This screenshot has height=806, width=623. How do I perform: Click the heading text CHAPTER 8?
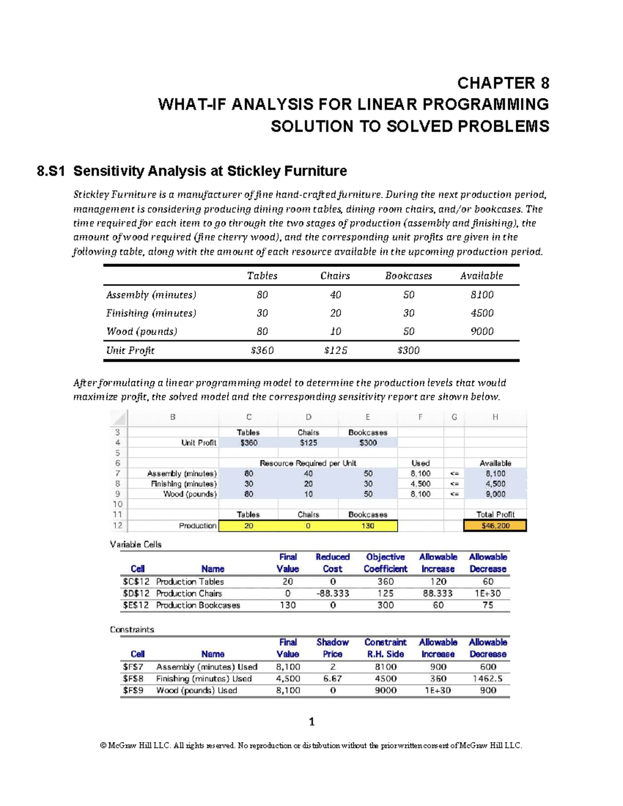click(503, 83)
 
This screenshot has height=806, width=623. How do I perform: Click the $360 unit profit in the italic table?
click(262, 350)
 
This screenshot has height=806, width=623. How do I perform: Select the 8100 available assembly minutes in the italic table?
click(482, 295)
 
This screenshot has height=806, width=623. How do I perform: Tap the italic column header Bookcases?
click(408, 276)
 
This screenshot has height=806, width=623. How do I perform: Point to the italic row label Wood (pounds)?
click(142, 332)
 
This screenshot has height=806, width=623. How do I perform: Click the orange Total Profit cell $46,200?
click(495, 526)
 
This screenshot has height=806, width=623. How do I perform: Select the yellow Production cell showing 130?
click(368, 526)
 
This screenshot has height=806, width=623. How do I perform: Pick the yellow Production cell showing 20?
click(249, 526)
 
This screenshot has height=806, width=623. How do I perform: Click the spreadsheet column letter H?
click(495, 417)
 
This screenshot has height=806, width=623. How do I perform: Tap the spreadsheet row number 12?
click(118, 525)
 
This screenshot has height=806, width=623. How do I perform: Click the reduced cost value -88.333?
click(333, 593)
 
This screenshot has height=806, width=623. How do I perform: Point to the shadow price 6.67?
click(332, 678)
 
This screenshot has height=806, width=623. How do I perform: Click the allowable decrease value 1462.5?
click(488, 678)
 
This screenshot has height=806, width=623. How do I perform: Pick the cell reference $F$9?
click(133, 690)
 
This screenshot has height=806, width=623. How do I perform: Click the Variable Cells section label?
click(136, 544)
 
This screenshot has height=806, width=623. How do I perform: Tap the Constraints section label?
click(132, 630)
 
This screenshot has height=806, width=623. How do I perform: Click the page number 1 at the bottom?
click(311, 721)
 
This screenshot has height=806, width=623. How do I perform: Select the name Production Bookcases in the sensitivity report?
click(198, 605)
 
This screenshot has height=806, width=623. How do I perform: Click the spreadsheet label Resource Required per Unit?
click(308, 463)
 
